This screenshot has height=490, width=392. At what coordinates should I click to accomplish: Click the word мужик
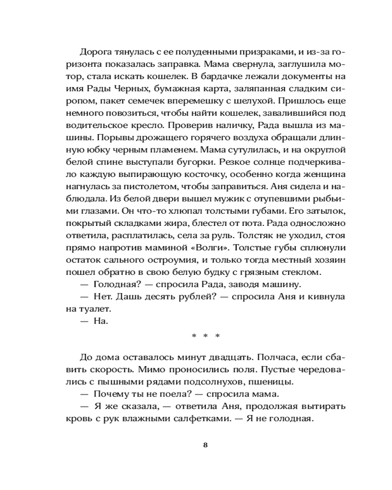(182, 200)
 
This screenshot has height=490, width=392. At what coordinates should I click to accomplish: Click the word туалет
(96, 310)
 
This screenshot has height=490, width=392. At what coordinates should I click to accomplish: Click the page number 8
(205, 445)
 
